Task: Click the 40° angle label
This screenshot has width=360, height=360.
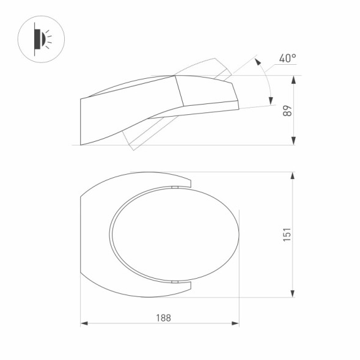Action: [287, 59]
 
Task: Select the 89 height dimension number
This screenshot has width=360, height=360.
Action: [288, 111]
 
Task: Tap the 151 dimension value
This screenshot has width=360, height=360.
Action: [287, 235]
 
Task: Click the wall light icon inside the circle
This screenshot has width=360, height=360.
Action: [42, 39]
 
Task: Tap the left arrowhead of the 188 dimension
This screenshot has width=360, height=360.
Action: [84, 323]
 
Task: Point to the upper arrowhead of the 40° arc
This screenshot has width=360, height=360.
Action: [257, 62]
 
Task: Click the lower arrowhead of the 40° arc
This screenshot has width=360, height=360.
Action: [270, 101]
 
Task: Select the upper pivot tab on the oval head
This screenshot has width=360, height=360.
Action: [174, 187]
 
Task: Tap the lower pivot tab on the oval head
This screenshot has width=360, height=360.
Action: [174, 282]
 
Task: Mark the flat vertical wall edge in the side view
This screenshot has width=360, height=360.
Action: [81, 122]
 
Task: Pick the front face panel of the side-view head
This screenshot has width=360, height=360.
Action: [207, 92]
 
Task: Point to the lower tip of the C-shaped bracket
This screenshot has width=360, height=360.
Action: [190, 287]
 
